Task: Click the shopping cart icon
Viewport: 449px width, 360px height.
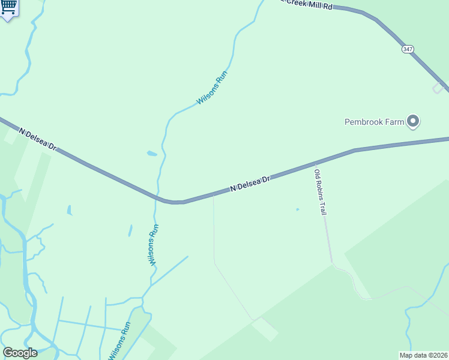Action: tap(8, 8)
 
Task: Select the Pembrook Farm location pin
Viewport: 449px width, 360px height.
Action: tap(413, 121)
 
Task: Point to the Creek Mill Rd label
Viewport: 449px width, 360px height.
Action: tap(310, 4)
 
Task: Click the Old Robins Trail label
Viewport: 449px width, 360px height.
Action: tap(321, 192)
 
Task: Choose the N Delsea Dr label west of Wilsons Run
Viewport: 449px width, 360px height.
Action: tap(37, 139)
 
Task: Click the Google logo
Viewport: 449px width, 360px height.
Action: tap(20, 353)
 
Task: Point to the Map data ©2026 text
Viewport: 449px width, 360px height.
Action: tap(424, 355)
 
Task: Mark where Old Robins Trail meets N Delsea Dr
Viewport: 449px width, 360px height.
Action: tap(315, 163)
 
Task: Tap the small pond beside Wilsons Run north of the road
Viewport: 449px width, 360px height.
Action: tap(152, 154)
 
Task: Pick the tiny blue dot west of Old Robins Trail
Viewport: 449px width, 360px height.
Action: tap(297, 209)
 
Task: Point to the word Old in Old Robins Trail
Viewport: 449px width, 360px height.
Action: tap(318, 173)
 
